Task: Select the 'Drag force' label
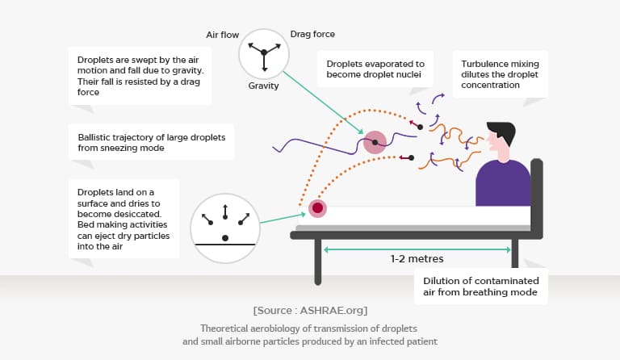click(312, 34)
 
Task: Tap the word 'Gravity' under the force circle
click(264, 86)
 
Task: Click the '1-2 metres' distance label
click(417, 259)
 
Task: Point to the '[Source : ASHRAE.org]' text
click(309, 310)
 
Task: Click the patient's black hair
click(501, 129)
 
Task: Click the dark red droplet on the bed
click(318, 209)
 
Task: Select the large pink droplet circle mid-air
click(375, 143)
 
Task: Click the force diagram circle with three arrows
click(263, 50)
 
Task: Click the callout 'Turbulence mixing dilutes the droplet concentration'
click(501, 73)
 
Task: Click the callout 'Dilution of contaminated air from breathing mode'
click(481, 286)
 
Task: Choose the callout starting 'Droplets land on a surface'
click(124, 218)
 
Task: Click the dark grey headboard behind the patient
click(536, 194)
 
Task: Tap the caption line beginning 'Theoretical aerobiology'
click(309, 329)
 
